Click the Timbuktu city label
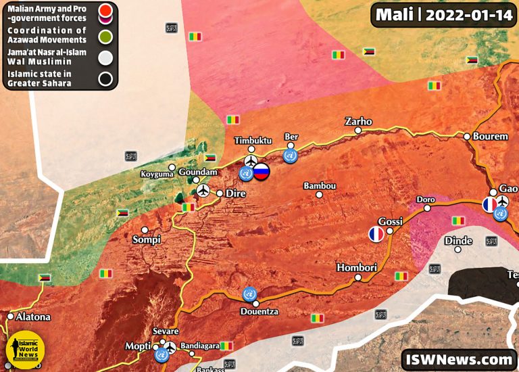point(253,140)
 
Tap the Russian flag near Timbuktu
point(261,172)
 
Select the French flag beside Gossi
point(376,235)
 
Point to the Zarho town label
point(358,122)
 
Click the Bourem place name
point(491,136)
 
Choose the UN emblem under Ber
point(291,156)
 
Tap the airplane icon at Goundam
point(202,191)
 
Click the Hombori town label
point(356,268)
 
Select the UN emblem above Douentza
point(249,295)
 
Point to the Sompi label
point(147,239)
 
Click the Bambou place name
point(320,186)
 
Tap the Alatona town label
point(33,317)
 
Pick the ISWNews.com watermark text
point(458,359)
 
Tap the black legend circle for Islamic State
point(105,79)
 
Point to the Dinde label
point(458,241)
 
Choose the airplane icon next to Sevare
point(170,347)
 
